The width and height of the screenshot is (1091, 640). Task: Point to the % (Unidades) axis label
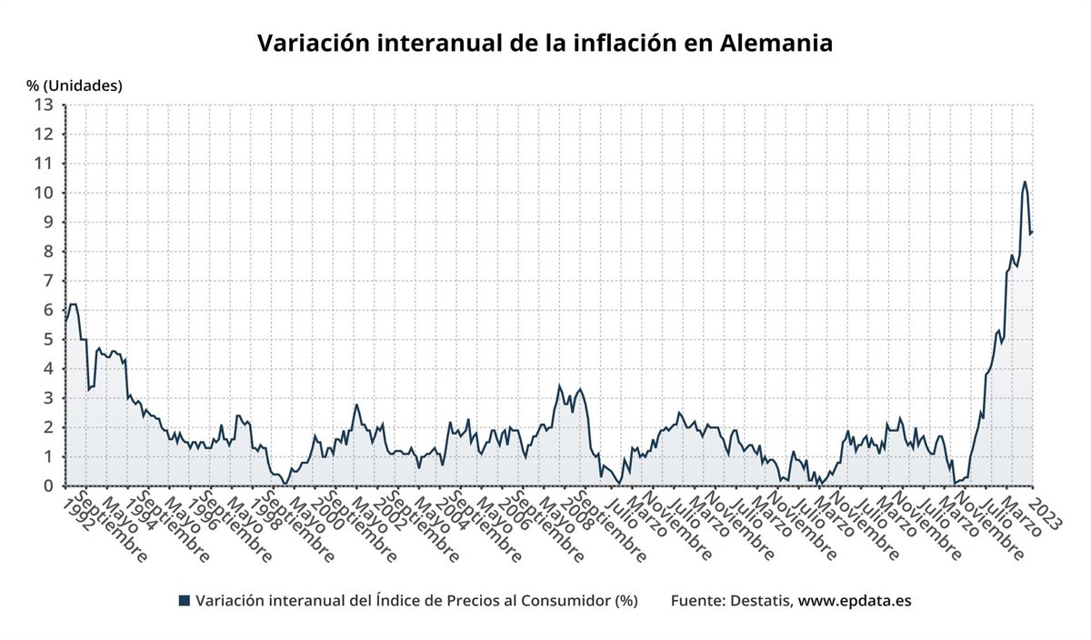[75, 85]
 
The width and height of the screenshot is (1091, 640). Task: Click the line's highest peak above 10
[1025, 182]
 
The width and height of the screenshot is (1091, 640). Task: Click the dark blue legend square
[185, 600]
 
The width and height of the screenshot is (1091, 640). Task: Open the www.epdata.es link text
[854, 600]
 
